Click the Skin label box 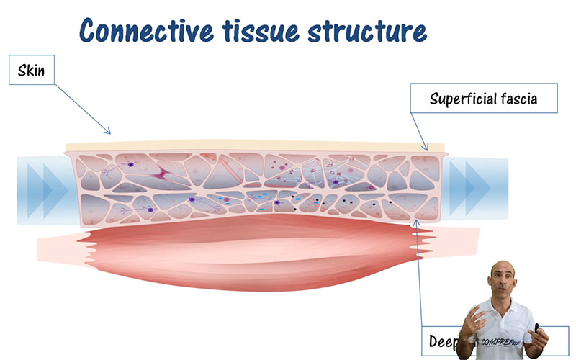tap(32, 71)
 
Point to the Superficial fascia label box tap(483, 99)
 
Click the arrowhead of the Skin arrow tap(109, 132)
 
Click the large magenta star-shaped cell tap(165, 173)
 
